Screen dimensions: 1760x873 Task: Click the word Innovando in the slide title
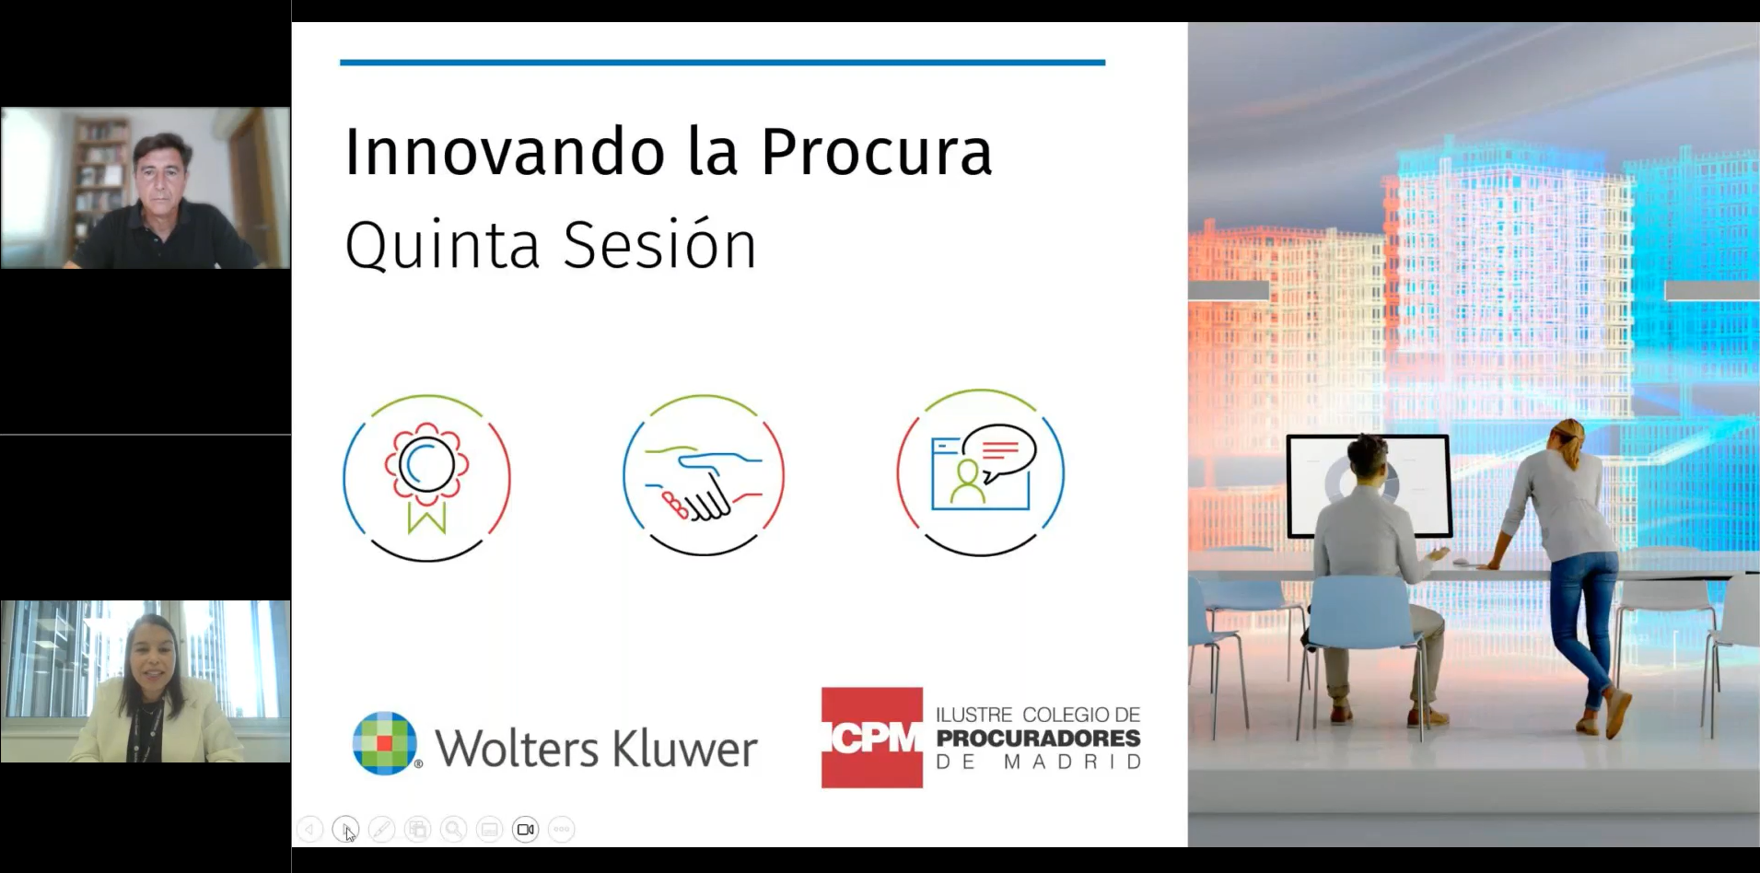(x=505, y=151)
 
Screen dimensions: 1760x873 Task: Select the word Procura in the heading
(x=877, y=151)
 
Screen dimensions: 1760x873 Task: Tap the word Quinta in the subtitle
(x=442, y=245)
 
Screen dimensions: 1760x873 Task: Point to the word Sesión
(x=660, y=245)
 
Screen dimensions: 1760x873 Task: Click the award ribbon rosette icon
(x=426, y=478)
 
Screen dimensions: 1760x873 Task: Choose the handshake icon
(x=704, y=475)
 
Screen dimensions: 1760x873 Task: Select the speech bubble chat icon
(x=981, y=472)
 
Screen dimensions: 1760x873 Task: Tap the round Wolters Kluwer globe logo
(x=385, y=743)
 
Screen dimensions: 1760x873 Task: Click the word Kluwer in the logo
(x=685, y=748)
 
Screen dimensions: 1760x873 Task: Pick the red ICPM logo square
(x=872, y=738)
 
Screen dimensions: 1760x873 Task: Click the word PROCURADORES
(x=1038, y=739)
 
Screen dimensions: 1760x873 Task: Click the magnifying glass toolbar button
(x=453, y=830)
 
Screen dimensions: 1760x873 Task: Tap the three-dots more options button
(x=561, y=830)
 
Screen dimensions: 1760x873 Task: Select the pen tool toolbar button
(x=381, y=830)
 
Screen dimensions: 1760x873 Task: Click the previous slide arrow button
(x=309, y=830)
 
